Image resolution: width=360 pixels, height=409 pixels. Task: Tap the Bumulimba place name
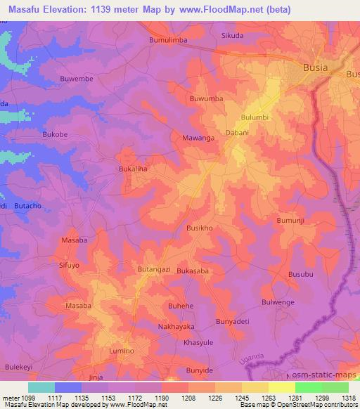(x=167, y=41)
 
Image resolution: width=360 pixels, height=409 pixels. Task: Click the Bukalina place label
(x=132, y=169)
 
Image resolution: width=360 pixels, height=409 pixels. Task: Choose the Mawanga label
(x=198, y=138)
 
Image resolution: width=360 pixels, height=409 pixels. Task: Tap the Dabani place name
(x=237, y=131)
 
